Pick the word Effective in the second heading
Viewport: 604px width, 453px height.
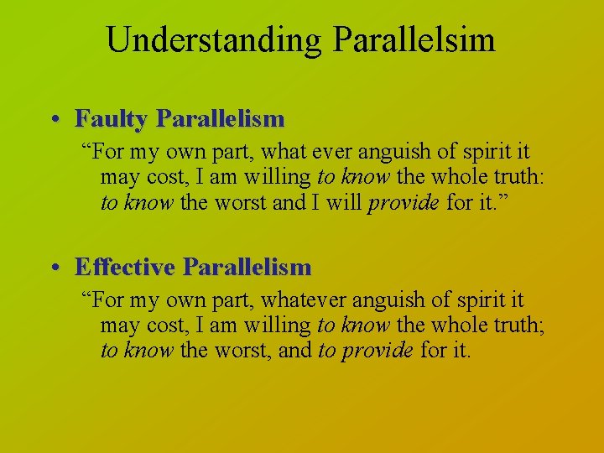pyautogui.click(x=125, y=268)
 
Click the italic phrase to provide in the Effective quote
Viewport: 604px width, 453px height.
pyautogui.click(x=366, y=350)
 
